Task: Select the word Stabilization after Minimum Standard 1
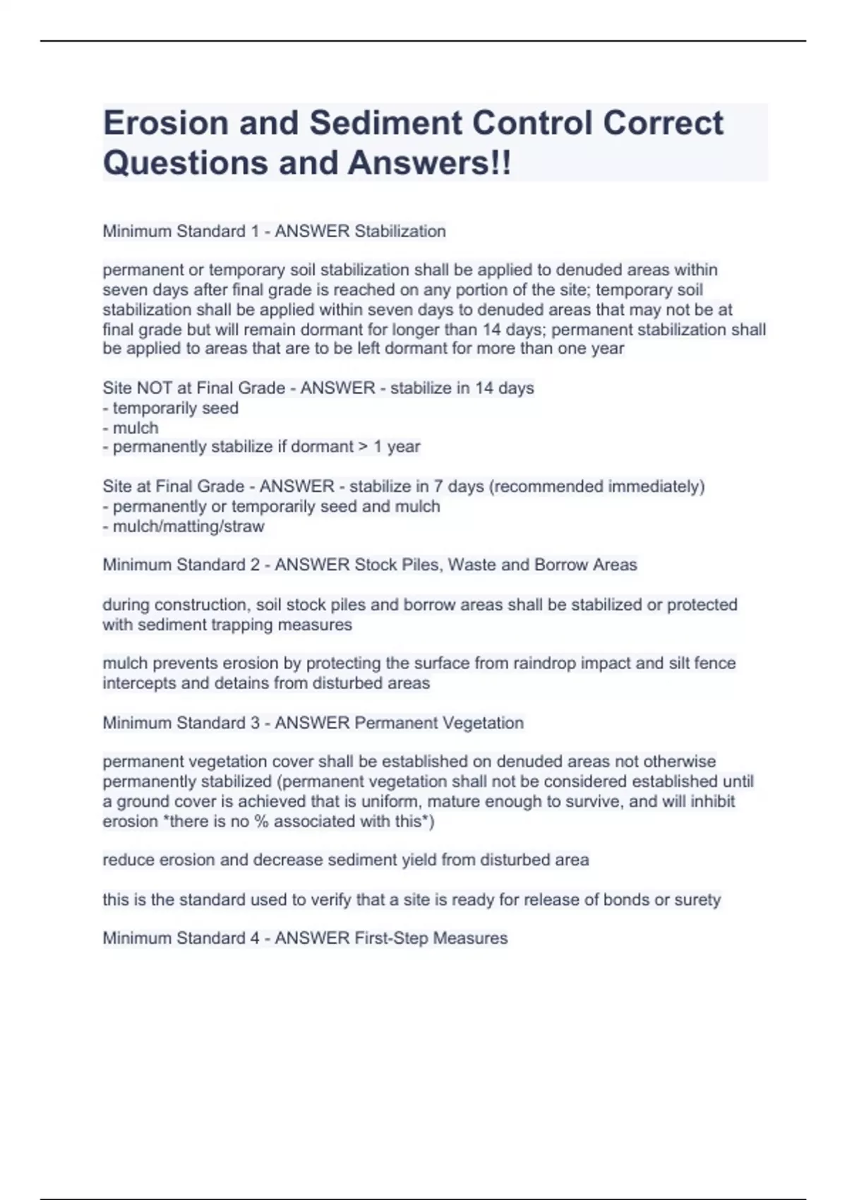pos(400,232)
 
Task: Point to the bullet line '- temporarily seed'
pos(171,408)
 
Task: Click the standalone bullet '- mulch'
pos(131,428)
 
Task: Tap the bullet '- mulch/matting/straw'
pos(184,527)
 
